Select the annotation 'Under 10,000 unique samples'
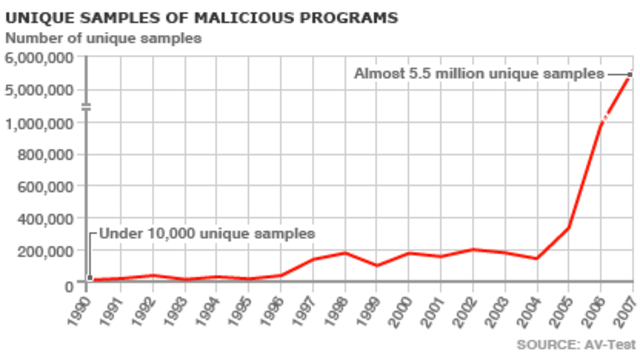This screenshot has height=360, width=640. (x=205, y=233)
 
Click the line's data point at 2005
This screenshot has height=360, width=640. (x=569, y=228)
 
